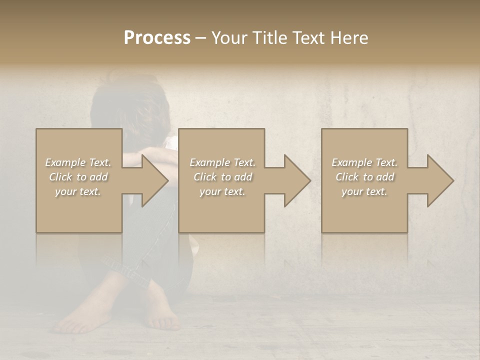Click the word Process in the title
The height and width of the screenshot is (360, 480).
coord(157,38)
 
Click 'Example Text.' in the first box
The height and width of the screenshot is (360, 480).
coord(78,162)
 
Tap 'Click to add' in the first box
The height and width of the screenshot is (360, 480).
coord(78,177)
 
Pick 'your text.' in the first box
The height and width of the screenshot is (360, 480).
coord(78,191)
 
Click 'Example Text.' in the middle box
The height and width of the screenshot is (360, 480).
coord(222,162)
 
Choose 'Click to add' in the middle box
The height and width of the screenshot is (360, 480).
coord(222,177)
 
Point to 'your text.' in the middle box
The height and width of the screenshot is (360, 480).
coord(222,191)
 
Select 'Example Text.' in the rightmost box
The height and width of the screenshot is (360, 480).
coord(364,162)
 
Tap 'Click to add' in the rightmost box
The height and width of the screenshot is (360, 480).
coord(364,177)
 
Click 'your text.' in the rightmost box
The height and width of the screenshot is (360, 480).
coord(364,191)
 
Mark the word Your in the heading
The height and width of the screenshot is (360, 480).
coord(228,38)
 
